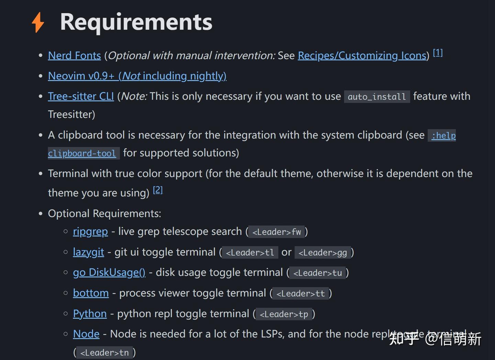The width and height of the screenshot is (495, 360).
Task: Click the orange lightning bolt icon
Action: [x=38, y=22]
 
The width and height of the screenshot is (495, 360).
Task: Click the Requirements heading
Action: [x=136, y=22]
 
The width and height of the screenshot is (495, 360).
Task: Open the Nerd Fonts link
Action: [x=74, y=56]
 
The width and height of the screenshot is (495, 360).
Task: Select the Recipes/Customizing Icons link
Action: [x=362, y=56]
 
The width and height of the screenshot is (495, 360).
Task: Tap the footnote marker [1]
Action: [x=438, y=53]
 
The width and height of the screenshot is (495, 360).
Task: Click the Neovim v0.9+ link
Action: [x=137, y=76]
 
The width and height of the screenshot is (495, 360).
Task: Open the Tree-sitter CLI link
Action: [x=81, y=97]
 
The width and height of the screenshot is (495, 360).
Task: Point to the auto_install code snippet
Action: [x=377, y=97]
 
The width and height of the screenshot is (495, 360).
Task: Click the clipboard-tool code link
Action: [x=82, y=153]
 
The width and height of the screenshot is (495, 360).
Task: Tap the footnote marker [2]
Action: [x=158, y=190]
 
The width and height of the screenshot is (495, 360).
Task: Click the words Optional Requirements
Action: [x=104, y=214]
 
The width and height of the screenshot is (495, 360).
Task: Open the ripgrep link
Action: [x=90, y=232]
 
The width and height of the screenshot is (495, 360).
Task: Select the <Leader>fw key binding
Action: [x=277, y=232]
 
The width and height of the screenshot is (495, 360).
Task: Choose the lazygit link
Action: [x=88, y=252]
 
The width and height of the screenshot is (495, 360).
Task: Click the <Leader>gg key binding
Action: [x=322, y=253]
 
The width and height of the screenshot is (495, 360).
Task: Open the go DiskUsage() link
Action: [x=109, y=272]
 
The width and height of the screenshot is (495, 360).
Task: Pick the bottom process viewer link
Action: [x=91, y=293]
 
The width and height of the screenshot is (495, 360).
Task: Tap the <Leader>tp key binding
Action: [x=284, y=314]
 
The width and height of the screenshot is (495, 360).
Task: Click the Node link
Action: [x=86, y=334]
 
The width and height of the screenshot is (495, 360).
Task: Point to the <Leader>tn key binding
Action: [x=104, y=353]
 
